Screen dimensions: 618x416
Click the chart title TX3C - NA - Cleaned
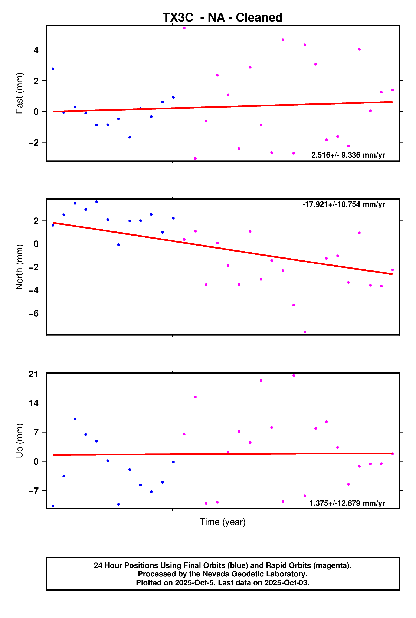222,17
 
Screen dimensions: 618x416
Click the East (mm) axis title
19,93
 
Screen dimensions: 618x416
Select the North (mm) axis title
19,267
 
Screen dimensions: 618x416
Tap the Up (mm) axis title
19,441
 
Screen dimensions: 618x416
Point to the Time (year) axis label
222,522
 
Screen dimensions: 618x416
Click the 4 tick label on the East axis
36,50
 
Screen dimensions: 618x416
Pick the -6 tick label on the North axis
34,313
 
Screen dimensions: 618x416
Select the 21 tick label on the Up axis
33,374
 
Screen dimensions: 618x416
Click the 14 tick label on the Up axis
33,403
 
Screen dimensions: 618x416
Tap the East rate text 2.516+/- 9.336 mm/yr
348,155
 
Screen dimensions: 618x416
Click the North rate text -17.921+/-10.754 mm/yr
343,204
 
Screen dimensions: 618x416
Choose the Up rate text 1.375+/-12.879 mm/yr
347,503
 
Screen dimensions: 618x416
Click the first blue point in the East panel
53,69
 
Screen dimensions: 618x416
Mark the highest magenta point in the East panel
184,28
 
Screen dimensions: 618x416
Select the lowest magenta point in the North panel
305,332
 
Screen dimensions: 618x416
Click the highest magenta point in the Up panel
294,376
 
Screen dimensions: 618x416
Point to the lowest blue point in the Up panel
53,506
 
